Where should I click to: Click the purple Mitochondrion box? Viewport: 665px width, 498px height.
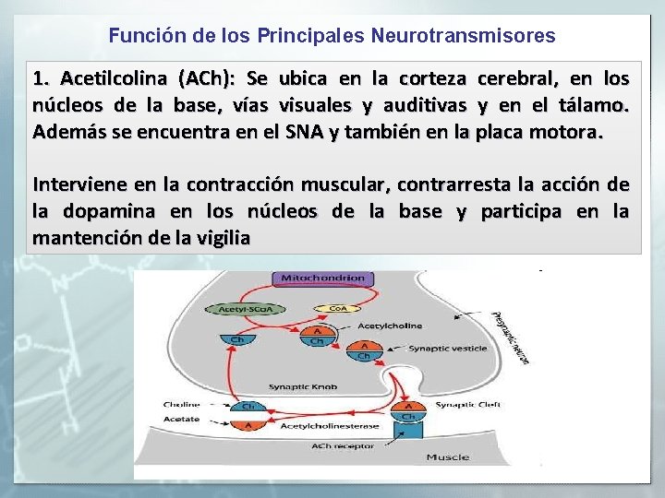click(x=319, y=278)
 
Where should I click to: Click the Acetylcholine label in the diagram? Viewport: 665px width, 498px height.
click(x=390, y=326)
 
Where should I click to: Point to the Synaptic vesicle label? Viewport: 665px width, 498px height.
click(x=447, y=349)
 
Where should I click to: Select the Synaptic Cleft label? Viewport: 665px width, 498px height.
click(x=467, y=405)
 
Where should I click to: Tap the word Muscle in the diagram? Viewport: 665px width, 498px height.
click(x=447, y=457)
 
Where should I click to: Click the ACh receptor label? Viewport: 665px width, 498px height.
click(x=344, y=446)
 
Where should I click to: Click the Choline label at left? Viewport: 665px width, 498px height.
click(x=181, y=405)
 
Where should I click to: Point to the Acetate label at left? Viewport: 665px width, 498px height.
click(x=181, y=419)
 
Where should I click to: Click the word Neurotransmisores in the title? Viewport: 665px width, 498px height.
click(x=463, y=36)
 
